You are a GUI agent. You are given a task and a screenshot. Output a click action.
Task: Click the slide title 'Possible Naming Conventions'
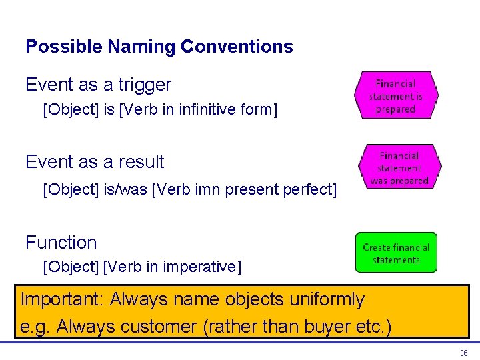(159, 47)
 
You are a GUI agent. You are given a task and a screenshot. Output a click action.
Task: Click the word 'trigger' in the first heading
(145, 85)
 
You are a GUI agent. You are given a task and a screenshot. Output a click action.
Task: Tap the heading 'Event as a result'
(95, 162)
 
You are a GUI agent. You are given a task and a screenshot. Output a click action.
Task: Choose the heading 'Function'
(61, 242)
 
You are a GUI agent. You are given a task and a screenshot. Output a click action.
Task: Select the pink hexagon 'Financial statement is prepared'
(396, 96)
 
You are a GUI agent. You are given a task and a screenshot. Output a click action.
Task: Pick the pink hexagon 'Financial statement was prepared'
(399, 168)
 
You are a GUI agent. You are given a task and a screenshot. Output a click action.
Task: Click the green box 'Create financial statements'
(396, 253)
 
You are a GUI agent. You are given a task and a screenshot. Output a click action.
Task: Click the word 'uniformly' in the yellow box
(327, 299)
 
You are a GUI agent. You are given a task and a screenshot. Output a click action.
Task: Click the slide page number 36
(463, 353)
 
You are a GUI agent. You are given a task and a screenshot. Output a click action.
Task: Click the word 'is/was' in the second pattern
(126, 190)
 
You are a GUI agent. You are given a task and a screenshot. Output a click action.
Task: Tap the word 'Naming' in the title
(139, 47)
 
